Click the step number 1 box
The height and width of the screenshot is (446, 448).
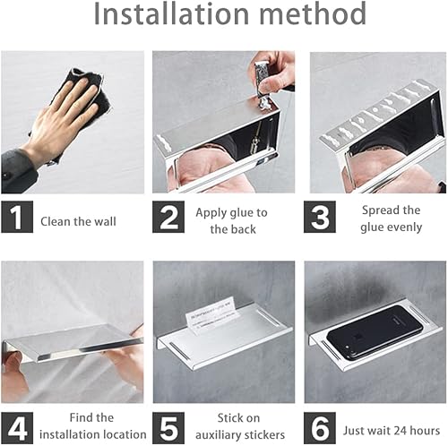point(17,217)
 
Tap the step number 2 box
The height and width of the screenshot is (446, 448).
point(168,217)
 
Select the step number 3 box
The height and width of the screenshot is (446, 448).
point(320,217)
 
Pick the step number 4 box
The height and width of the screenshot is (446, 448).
point(17,428)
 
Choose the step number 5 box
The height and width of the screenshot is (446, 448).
point(168,428)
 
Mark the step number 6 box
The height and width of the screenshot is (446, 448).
point(320,428)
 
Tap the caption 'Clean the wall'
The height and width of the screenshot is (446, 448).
point(78,221)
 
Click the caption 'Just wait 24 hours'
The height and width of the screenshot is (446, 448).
point(392,431)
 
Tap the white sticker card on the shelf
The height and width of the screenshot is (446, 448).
point(212,316)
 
